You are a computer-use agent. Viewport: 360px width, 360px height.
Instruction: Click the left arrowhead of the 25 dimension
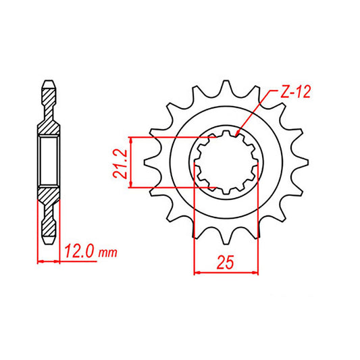(x=198, y=273)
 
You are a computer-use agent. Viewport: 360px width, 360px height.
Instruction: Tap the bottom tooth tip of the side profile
(x=48, y=240)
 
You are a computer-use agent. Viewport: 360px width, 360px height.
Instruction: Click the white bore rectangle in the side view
(x=48, y=162)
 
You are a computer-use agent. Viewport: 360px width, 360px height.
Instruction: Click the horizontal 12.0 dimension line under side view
(x=48, y=261)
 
